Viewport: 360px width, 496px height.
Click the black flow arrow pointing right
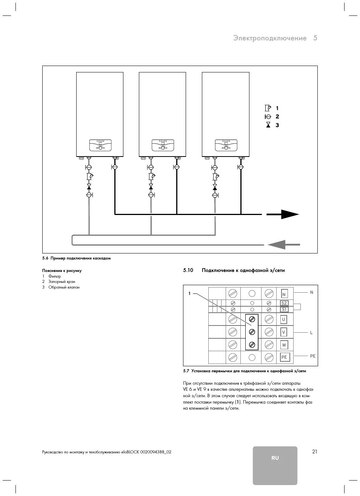click(283, 214)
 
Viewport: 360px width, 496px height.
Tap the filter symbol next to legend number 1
click(268, 108)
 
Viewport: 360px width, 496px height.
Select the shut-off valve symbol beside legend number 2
click(268, 117)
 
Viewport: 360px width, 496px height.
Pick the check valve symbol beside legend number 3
click(268, 125)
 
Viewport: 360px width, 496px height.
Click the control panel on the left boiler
click(100, 145)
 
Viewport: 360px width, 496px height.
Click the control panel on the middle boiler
click(163, 145)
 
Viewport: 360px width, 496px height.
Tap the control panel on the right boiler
click(226, 145)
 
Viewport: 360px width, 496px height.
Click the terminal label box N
click(284, 294)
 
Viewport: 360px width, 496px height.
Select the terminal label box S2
click(284, 303)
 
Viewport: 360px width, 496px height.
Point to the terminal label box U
click(284, 319)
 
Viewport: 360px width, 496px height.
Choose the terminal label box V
click(284, 332)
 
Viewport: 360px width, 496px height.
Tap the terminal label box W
click(284, 345)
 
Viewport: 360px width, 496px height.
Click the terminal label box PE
click(284, 357)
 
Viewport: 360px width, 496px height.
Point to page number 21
click(315, 451)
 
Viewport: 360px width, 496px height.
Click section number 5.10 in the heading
click(188, 270)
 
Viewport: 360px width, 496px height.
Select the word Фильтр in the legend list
click(55, 276)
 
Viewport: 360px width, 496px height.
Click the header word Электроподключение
click(270, 38)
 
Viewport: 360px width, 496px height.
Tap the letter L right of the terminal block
click(311, 333)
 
